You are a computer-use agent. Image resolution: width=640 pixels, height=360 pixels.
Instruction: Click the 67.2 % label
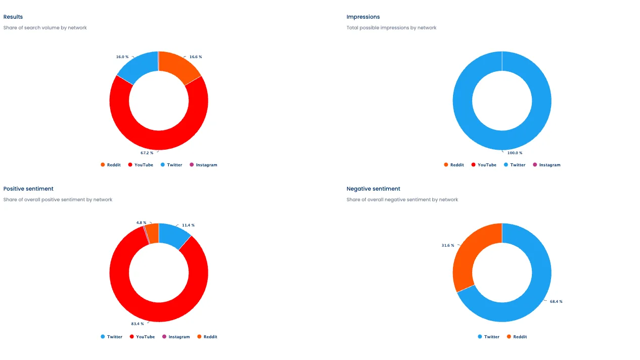pyautogui.click(x=147, y=153)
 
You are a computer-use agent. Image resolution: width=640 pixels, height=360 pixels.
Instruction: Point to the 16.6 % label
pyautogui.click(x=196, y=57)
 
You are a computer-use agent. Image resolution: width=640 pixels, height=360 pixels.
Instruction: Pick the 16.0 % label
pyautogui.click(x=122, y=57)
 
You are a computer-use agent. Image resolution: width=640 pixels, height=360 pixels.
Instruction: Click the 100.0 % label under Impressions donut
pyautogui.click(x=515, y=153)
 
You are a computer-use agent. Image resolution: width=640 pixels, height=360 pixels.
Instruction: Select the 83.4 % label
pyautogui.click(x=138, y=324)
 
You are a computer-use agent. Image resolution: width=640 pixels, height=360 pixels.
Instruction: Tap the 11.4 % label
pyautogui.click(x=188, y=226)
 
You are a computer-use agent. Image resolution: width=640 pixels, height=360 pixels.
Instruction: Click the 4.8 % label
pyautogui.click(x=141, y=222)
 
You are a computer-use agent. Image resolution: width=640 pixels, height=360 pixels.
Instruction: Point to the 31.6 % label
pyautogui.click(x=448, y=246)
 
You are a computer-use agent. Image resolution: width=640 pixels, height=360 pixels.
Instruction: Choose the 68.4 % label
pyautogui.click(x=556, y=302)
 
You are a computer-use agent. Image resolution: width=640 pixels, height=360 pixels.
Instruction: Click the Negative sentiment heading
pyautogui.click(x=373, y=189)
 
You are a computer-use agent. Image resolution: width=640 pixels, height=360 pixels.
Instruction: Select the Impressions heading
pyautogui.click(x=363, y=17)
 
